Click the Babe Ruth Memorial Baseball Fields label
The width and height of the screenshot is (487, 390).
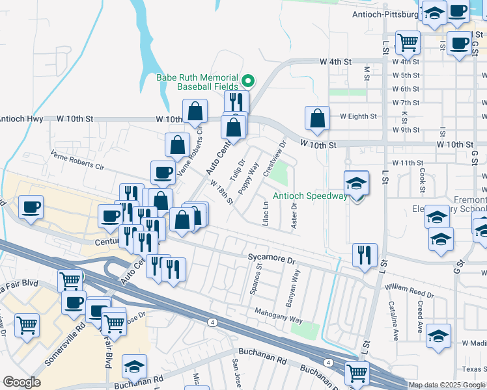pos(197,81)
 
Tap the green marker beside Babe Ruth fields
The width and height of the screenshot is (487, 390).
pos(248,81)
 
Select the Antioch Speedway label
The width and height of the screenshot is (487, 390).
pos(310,196)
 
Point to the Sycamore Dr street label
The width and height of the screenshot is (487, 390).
pos(271,257)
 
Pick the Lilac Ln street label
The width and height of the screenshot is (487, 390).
pos(266,213)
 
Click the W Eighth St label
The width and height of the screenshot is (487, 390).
pos(358,116)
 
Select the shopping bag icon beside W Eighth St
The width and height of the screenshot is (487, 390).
pos(317,119)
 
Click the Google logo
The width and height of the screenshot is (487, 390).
pos(21,382)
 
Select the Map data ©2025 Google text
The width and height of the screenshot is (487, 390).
pos(447,385)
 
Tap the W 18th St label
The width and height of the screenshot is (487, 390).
pos(221,192)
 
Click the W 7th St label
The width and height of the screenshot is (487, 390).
pos(406,103)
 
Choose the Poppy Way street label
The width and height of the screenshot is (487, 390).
pos(249,178)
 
